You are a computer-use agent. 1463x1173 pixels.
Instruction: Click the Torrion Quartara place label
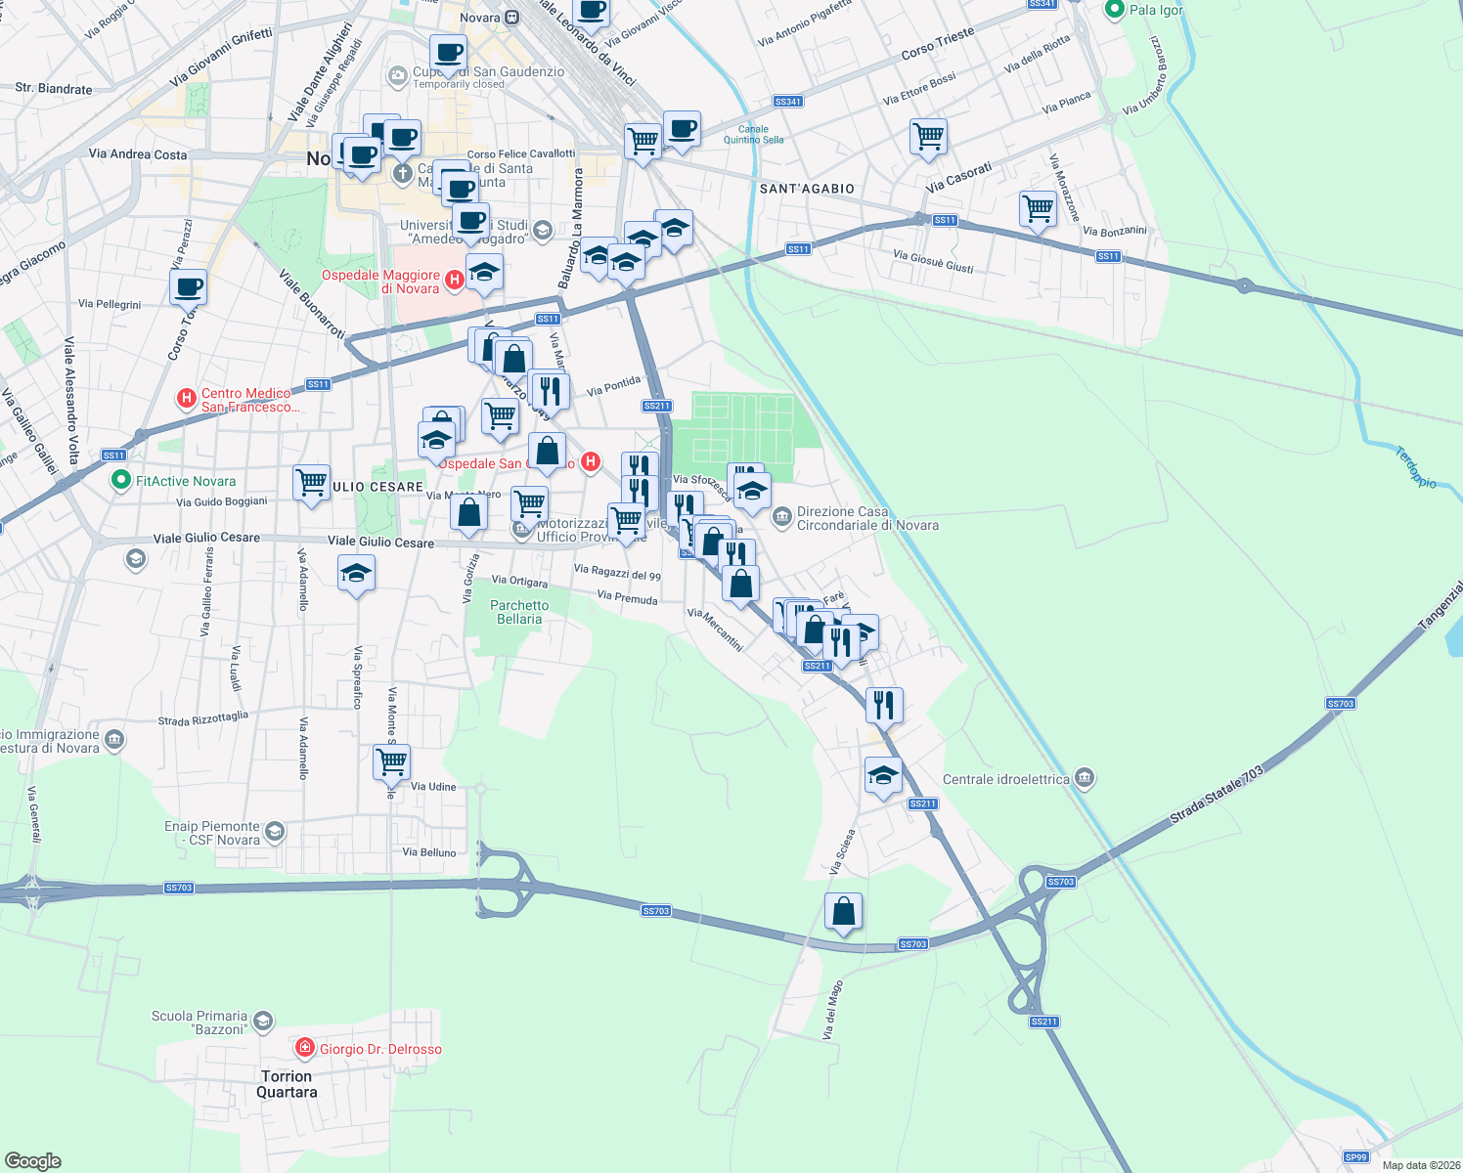coord(287,1084)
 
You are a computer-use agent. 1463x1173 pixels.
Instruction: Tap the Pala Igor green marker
coord(1114,10)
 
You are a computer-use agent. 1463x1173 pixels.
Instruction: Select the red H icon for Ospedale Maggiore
coord(454,282)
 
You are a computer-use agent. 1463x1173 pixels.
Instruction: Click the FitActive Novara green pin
coord(120,481)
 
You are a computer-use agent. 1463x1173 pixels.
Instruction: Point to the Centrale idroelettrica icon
coord(1084,779)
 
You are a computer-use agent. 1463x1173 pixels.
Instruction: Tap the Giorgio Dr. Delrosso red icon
coord(305,1049)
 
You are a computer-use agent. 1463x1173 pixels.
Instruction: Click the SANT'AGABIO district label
coord(807,189)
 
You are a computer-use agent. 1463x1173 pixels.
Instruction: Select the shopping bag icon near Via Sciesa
coord(843,911)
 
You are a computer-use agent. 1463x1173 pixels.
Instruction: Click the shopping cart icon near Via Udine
coord(391,761)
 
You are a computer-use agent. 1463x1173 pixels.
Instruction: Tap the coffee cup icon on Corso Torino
coord(188,287)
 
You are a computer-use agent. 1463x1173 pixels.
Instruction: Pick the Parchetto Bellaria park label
coord(519,612)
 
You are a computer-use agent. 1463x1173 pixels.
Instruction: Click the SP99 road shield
coord(1355,1157)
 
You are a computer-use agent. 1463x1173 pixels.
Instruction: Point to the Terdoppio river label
coord(1415,467)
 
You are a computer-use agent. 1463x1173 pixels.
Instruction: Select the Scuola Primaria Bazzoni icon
coord(262,1022)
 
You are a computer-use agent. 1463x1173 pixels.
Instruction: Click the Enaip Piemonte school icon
coord(275,832)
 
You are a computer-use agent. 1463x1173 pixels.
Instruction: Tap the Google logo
coord(33,1160)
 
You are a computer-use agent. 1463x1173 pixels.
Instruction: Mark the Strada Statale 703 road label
coord(1218,796)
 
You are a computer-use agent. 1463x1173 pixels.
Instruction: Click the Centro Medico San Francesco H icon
coord(186,399)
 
